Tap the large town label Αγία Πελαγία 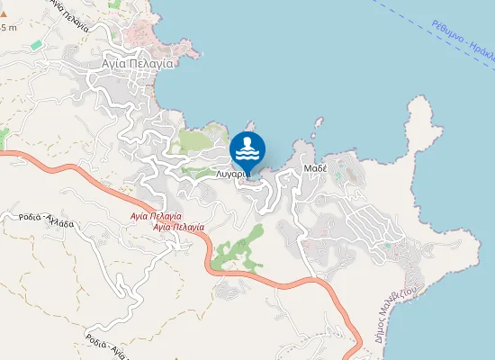(x=139, y=64)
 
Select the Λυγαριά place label (x=230, y=174)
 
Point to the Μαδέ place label (x=314, y=168)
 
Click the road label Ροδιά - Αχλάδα (x=57, y=221)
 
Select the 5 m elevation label (x=9, y=27)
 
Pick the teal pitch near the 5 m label (x=36, y=44)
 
